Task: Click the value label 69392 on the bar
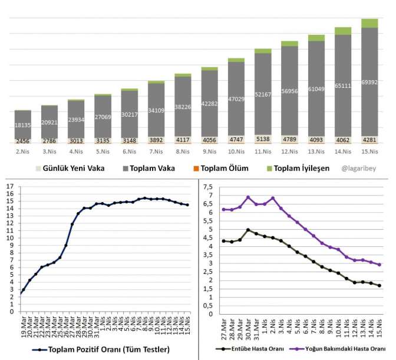pos(369,82)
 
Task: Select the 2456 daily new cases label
pos(23,141)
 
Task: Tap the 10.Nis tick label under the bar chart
pos(236,151)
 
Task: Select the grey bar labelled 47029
pos(236,99)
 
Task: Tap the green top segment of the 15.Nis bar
pos(369,23)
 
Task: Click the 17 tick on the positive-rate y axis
pos(9,187)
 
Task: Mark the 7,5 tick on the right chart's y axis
pos(207,187)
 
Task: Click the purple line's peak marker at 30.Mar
pos(248,197)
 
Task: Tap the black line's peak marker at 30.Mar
pos(248,230)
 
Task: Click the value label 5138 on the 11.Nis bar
pos(263,140)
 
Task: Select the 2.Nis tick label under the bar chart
pos(23,151)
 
